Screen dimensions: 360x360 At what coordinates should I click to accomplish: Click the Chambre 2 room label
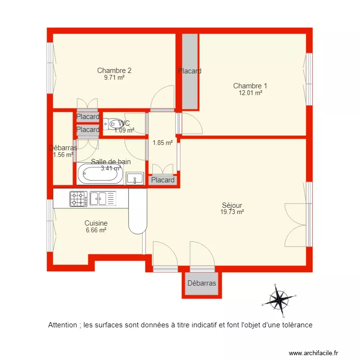click(114, 70)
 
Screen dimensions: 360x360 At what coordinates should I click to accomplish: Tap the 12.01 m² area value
click(250, 93)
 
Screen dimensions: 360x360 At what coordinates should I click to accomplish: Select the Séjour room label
click(232, 205)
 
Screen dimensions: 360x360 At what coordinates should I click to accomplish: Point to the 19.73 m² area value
click(232, 212)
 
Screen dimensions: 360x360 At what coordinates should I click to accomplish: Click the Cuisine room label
click(96, 223)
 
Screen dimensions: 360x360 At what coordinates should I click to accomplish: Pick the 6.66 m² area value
click(96, 230)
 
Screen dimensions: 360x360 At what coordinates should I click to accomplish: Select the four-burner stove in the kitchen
click(78, 198)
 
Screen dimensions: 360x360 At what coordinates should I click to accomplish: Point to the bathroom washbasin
click(135, 179)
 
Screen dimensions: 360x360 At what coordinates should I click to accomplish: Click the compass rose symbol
click(278, 300)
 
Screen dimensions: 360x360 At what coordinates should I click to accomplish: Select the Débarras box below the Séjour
click(202, 283)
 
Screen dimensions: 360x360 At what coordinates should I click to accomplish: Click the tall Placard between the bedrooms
click(189, 71)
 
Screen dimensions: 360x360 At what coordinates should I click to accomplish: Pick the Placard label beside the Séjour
click(163, 180)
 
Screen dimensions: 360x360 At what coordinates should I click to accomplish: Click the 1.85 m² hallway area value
click(162, 143)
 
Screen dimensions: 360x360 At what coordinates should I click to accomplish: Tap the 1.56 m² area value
click(63, 155)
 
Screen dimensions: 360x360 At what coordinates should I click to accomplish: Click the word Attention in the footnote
click(63, 325)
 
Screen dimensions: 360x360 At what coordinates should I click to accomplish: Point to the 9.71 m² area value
click(114, 77)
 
